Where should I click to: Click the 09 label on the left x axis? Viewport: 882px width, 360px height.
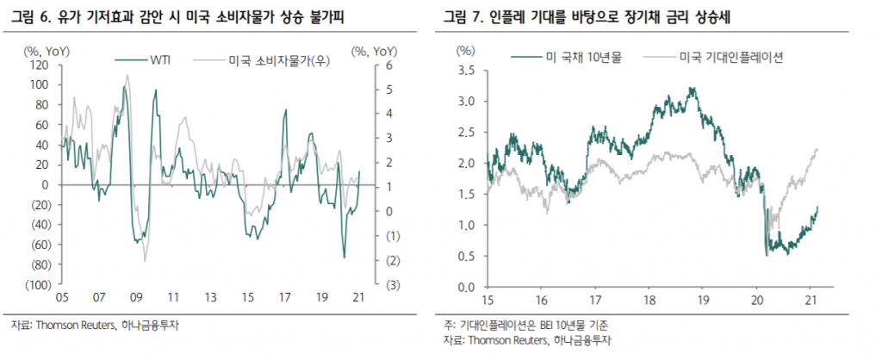pos(135,297)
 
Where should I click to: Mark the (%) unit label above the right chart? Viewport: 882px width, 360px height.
pos(466,51)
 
